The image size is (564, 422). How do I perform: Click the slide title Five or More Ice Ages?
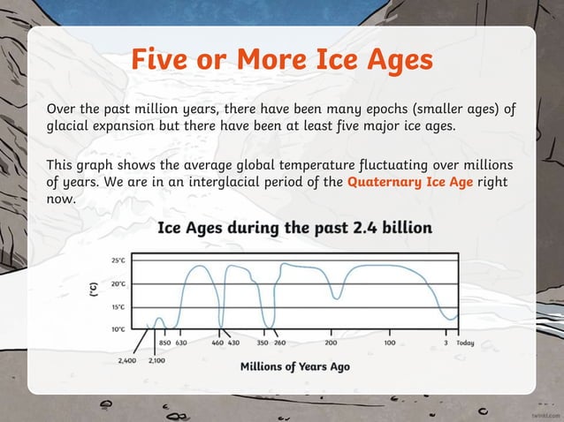[282, 61]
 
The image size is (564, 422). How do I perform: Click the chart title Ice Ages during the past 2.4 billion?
[294, 228]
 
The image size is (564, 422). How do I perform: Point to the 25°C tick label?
[118, 260]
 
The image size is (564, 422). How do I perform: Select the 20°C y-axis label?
[118, 284]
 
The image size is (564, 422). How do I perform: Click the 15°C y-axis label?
[118, 307]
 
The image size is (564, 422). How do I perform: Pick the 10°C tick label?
[118, 329]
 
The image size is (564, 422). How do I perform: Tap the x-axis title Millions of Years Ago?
[294, 366]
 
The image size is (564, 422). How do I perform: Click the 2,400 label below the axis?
[127, 360]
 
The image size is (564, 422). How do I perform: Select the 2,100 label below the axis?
[157, 360]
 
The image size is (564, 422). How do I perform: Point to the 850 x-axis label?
[164, 343]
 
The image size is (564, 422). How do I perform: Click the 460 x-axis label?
[217, 343]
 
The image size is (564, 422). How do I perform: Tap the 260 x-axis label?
[279, 343]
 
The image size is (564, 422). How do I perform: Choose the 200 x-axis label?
[331, 343]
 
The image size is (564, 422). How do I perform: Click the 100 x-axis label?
[389, 343]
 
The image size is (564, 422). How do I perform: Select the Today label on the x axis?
[465, 343]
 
